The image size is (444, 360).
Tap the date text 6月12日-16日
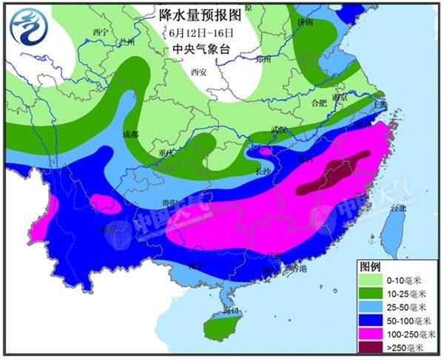[x=201, y=33]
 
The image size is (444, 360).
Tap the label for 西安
[x=198, y=72]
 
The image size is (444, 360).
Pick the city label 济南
[x=304, y=23]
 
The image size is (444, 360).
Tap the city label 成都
[x=130, y=134]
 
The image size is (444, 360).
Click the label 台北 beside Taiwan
[x=397, y=208]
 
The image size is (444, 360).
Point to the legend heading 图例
[x=370, y=265]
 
